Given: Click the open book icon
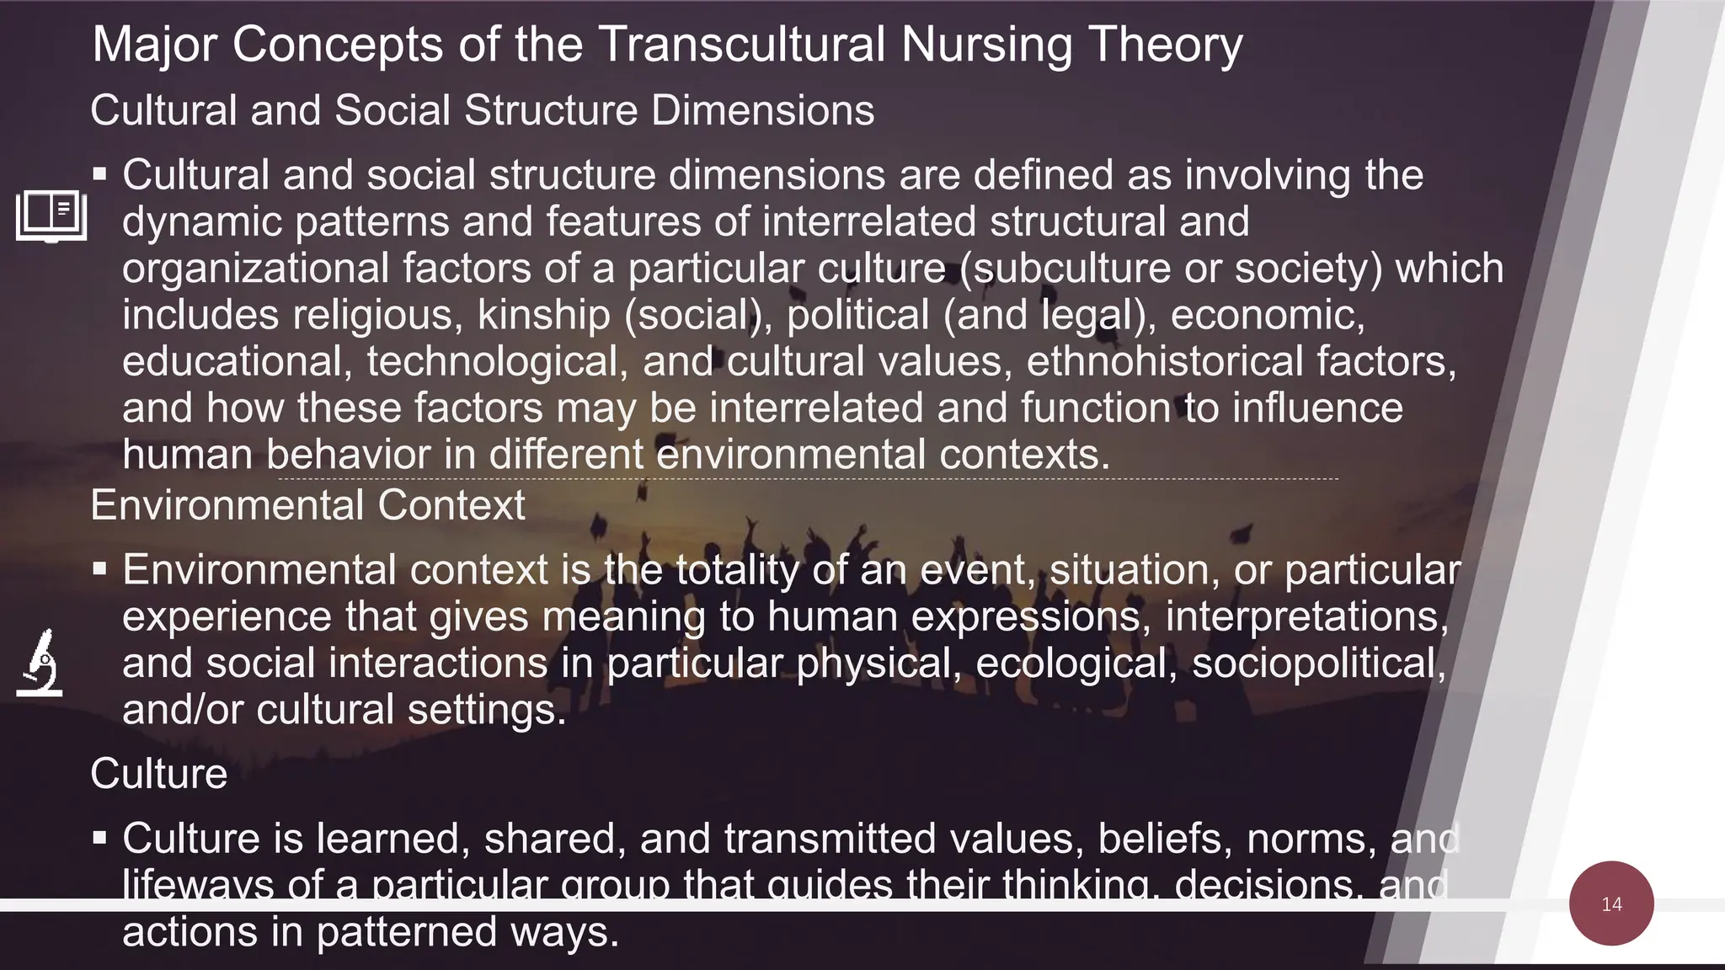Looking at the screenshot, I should pyautogui.click(x=51, y=216).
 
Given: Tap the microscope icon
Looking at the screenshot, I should pyautogui.click(x=40, y=663).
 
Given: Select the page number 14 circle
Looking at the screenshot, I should pyautogui.click(x=1611, y=903).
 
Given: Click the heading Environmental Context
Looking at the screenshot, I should pyautogui.click(x=307, y=505).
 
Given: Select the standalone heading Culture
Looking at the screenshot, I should pyautogui.click(x=158, y=773).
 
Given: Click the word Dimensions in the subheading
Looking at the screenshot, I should pyautogui.click(x=762, y=110).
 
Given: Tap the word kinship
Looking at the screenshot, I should pyautogui.click(x=543, y=315).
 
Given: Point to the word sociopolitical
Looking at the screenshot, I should pyautogui.click(x=1318, y=663).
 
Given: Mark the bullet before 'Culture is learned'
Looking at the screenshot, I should pyautogui.click(x=100, y=839).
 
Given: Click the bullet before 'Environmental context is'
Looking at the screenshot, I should pyautogui.click(x=100, y=570).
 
